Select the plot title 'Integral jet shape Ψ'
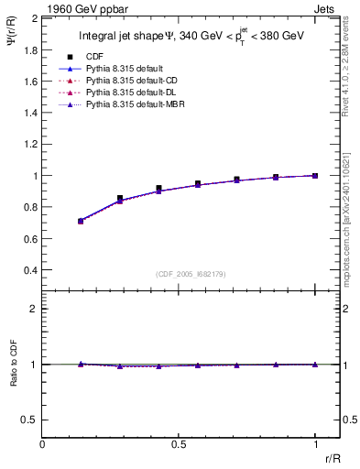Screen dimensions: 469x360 [x=133, y=36]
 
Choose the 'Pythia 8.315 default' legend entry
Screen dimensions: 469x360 [x=129, y=70]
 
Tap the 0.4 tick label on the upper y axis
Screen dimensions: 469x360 [x=30, y=271]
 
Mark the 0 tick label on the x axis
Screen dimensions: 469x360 [x=42, y=444]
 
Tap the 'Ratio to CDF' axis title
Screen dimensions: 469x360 [x=12, y=365]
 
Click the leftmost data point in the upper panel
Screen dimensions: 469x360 [x=81, y=221]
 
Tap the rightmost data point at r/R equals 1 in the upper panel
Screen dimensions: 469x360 [x=315, y=175]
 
